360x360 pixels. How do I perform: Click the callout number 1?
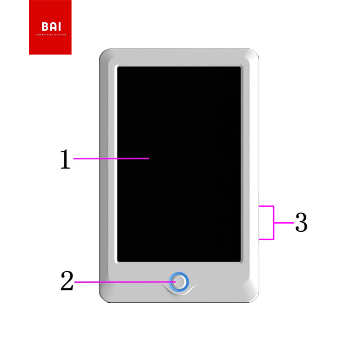pyautogui.click(x=65, y=159)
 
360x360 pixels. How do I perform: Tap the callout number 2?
pyautogui.click(x=67, y=281)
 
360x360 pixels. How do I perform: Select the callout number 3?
pyautogui.click(x=301, y=222)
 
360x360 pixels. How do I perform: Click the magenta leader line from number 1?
pyautogui.click(x=110, y=158)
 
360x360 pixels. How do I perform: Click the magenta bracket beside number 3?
pyautogui.click(x=274, y=222)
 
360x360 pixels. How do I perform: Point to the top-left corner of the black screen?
pyautogui.click(x=119, y=68)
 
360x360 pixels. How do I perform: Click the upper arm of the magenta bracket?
pyautogui.click(x=266, y=206)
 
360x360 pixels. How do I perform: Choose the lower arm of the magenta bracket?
pyautogui.click(x=266, y=239)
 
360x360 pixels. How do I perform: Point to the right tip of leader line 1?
pyautogui.click(x=149, y=158)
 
